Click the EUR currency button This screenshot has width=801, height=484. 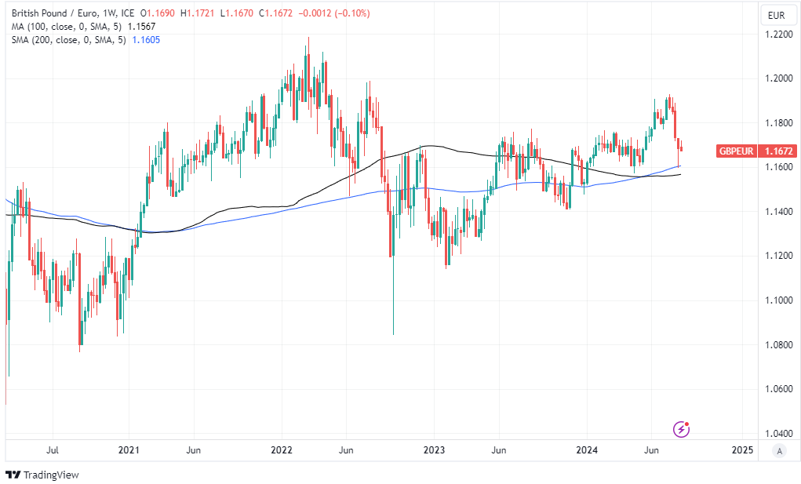(x=777, y=14)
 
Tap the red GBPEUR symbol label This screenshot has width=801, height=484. (x=736, y=151)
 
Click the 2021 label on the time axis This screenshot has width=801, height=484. (x=129, y=450)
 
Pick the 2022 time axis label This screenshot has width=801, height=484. (x=281, y=450)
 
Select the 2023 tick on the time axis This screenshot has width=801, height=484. (x=434, y=450)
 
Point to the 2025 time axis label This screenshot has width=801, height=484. (x=742, y=450)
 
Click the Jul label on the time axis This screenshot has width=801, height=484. (x=53, y=450)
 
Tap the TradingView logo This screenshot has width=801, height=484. (x=42, y=475)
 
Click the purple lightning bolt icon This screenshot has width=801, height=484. (x=682, y=429)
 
